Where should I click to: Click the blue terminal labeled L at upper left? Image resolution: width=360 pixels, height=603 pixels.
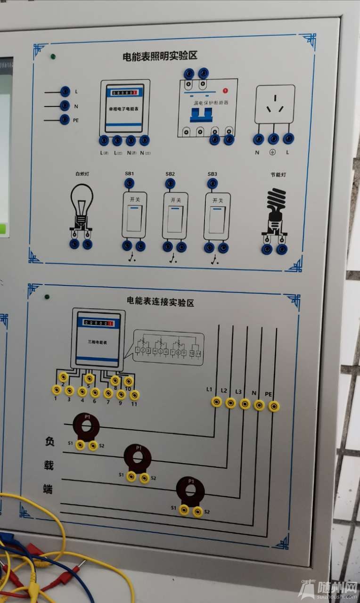pos(65,91)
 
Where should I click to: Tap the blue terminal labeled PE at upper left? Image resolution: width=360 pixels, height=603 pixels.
pos(65,120)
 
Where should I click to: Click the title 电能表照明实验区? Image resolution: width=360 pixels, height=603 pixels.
pos(160,56)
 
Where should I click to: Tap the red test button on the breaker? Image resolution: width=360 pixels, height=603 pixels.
pos(225,90)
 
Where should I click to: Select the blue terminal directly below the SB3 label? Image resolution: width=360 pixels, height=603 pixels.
pos(212,183)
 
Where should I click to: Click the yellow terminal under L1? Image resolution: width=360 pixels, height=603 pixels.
pos(216,402)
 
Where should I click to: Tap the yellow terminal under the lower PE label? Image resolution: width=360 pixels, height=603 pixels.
pos(274,406)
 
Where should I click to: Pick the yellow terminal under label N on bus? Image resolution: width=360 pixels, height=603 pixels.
pos(259,405)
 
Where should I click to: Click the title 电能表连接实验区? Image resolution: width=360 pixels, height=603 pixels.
pos(160,301)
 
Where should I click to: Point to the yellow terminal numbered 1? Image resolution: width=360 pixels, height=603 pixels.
pos(57,389)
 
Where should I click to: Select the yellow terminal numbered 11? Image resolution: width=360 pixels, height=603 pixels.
pos(135,395)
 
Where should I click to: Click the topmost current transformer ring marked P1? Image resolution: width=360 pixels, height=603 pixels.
pos(86,427)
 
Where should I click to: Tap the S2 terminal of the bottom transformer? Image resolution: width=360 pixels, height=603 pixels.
pos(198,512)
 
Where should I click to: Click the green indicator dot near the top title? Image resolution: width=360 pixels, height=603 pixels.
pos(53,57)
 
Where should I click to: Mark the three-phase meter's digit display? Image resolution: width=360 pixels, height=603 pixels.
pos(98,323)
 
